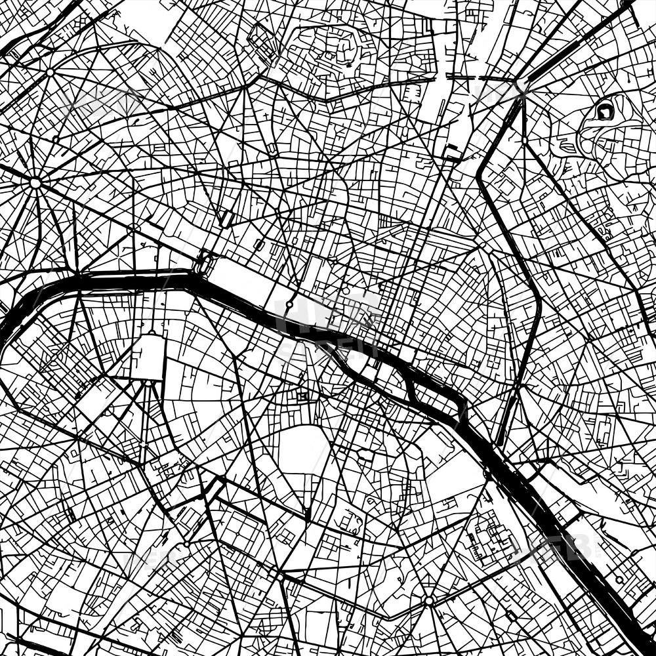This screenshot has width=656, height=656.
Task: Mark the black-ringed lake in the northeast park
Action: tap(605, 111)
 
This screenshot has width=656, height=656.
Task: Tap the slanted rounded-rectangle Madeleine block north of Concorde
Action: tap(227, 217)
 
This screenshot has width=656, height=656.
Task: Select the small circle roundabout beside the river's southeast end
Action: tap(619, 580)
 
